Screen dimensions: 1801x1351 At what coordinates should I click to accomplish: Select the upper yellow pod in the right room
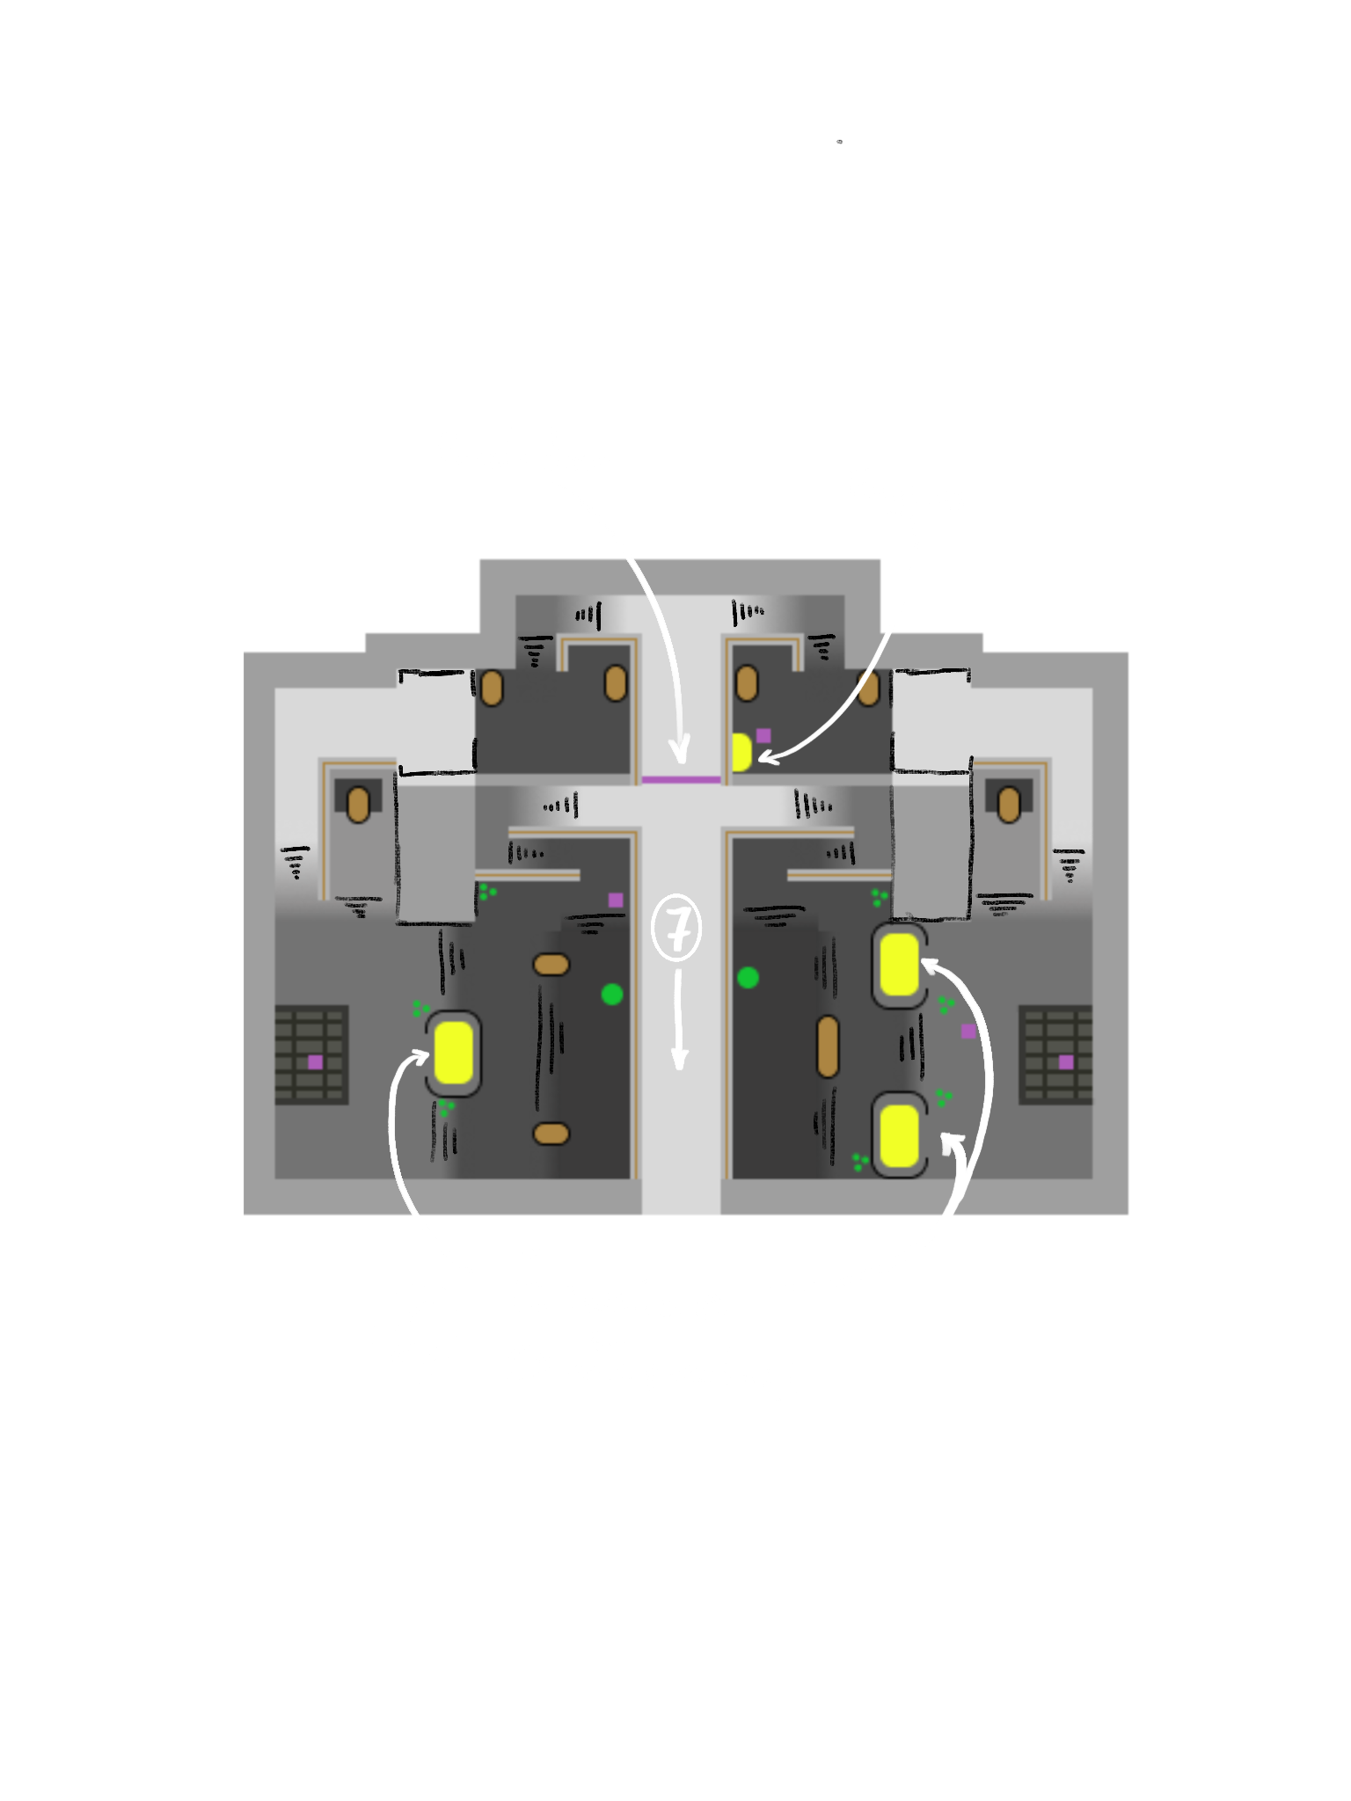pos(898,965)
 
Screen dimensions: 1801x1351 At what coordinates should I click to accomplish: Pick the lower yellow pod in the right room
pos(898,1135)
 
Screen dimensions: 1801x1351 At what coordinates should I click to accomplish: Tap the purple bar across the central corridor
pos(681,779)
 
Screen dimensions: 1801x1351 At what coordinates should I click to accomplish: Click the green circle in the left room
pos(612,995)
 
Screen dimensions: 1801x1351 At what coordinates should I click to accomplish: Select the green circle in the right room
pos(748,977)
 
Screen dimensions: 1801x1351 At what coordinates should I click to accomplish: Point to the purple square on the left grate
pos(315,1062)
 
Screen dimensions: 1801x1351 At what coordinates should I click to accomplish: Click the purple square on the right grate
pos(1066,1062)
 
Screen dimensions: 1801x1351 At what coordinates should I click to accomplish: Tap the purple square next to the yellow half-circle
pos(763,735)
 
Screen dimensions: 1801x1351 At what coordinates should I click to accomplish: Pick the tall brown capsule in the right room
pos(827,1046)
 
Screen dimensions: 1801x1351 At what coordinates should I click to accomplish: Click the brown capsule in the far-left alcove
pos(358,806)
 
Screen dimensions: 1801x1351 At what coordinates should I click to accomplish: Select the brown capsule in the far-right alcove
pos(1008,802)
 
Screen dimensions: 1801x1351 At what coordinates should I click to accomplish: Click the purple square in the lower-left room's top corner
pos(616,900)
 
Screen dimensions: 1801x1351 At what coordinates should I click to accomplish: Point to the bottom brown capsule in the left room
pos(551,1133)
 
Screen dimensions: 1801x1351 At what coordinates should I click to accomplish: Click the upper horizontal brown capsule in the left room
pos(551,965)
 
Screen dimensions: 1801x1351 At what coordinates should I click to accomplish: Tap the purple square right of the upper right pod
pos(968,1031)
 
